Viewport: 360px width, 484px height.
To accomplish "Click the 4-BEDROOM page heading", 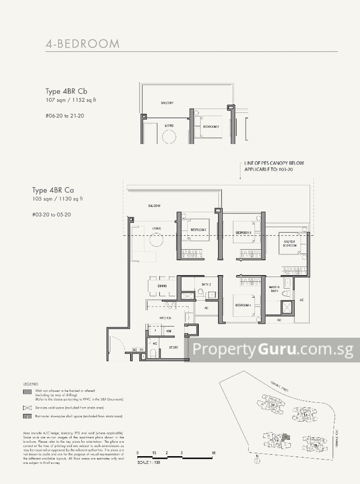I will coord(83,44).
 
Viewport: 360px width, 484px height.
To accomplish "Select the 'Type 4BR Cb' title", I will coord(65,91).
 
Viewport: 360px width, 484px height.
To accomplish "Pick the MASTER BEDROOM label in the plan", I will coord(286,244).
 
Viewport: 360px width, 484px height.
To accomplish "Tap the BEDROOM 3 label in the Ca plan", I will coord(243,232).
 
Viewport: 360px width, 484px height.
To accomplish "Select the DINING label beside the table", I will coord(162,285).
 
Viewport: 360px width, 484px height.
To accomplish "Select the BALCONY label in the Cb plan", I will coord(167,103).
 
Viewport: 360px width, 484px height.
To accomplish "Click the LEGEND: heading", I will coord(31,384).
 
